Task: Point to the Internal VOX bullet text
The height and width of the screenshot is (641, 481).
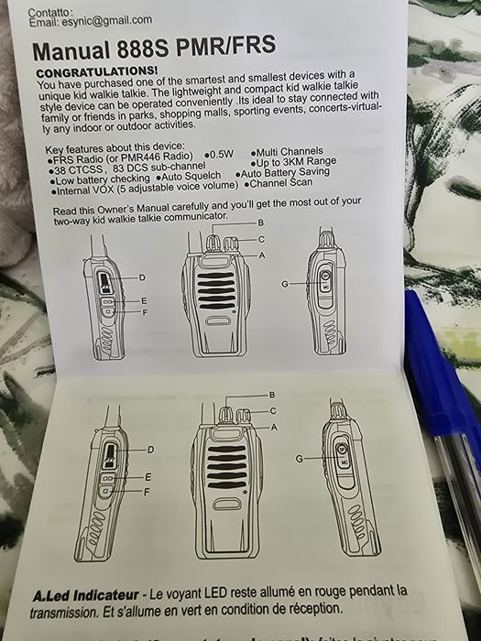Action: click(x=138, y=191)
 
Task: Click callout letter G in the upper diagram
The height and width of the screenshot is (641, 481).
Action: click(x=285, y=284)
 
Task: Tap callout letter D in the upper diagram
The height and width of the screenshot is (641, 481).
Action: click(x=142, y=277)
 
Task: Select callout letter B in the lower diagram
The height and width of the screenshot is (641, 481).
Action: click(x=271, y=394)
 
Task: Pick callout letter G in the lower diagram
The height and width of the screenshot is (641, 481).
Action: click(x=299, y=457)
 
